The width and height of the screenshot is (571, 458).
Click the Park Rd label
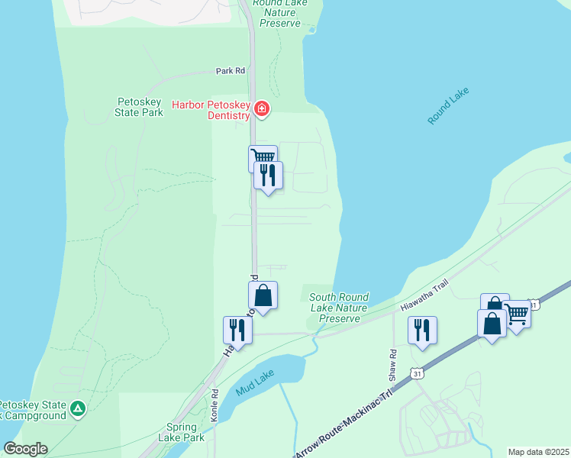coord(230,70)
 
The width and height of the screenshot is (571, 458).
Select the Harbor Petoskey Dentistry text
coord(211,110)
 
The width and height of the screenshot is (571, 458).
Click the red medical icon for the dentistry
coord(262,110)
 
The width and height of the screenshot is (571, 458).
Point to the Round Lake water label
coord(448,106)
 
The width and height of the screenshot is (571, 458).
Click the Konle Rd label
coord(215,399)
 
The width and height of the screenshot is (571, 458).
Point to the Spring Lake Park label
coord(182,433)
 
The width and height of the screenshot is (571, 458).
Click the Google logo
coord(25,449)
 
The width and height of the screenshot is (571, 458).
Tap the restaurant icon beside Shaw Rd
coord(422,331)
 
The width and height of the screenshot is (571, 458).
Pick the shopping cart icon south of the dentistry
coord(263,156)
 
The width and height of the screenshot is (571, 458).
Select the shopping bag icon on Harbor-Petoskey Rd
coord(263,295)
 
